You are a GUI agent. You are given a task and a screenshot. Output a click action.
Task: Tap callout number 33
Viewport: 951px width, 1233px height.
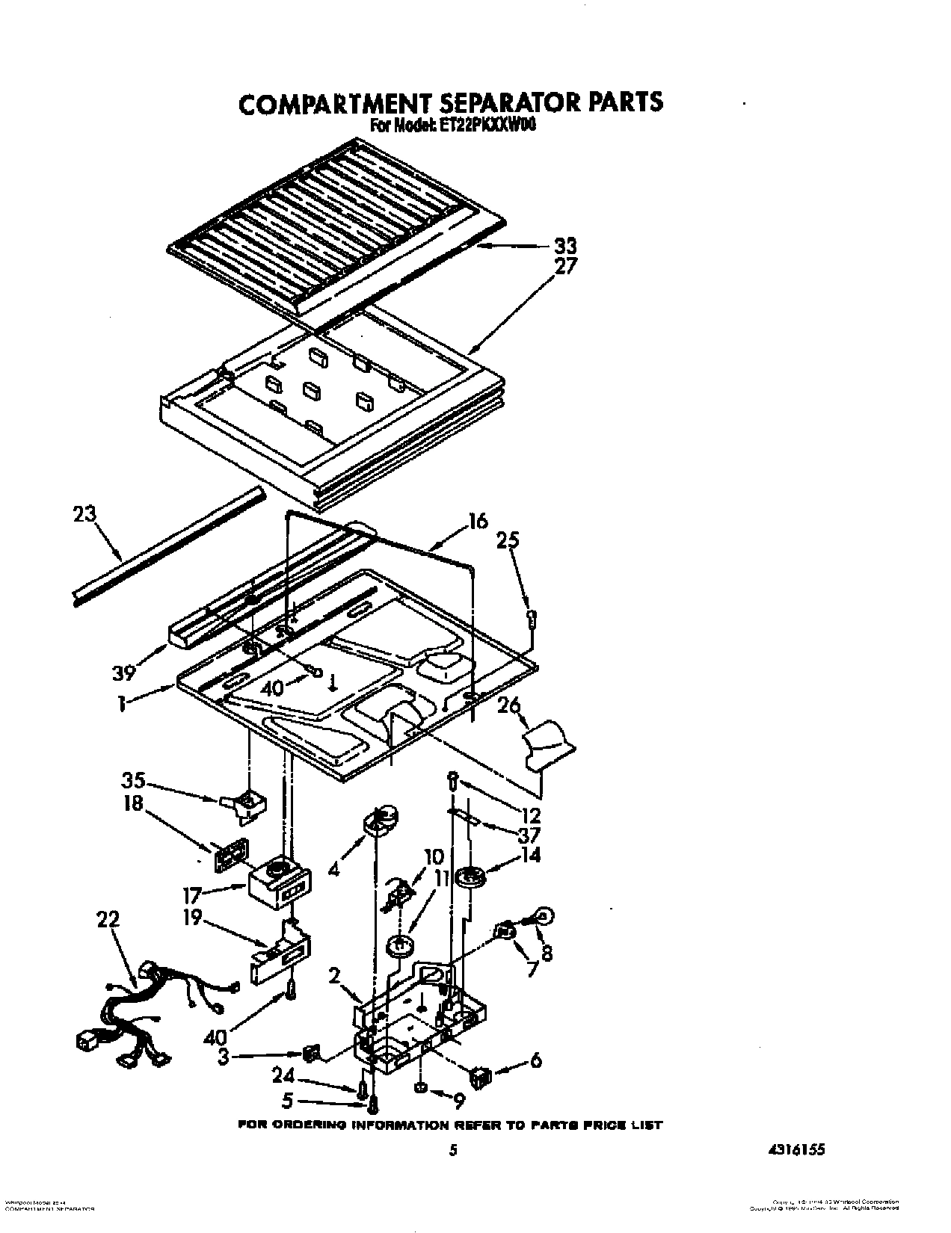(x=564, y=245)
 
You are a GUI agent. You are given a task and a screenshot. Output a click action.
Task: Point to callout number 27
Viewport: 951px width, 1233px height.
(x=564, y=266)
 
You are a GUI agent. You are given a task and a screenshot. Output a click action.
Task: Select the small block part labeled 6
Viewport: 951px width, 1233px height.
(x=479, y=1076)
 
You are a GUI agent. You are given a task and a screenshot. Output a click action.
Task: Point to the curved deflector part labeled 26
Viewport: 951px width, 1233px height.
(x=550, y=742)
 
